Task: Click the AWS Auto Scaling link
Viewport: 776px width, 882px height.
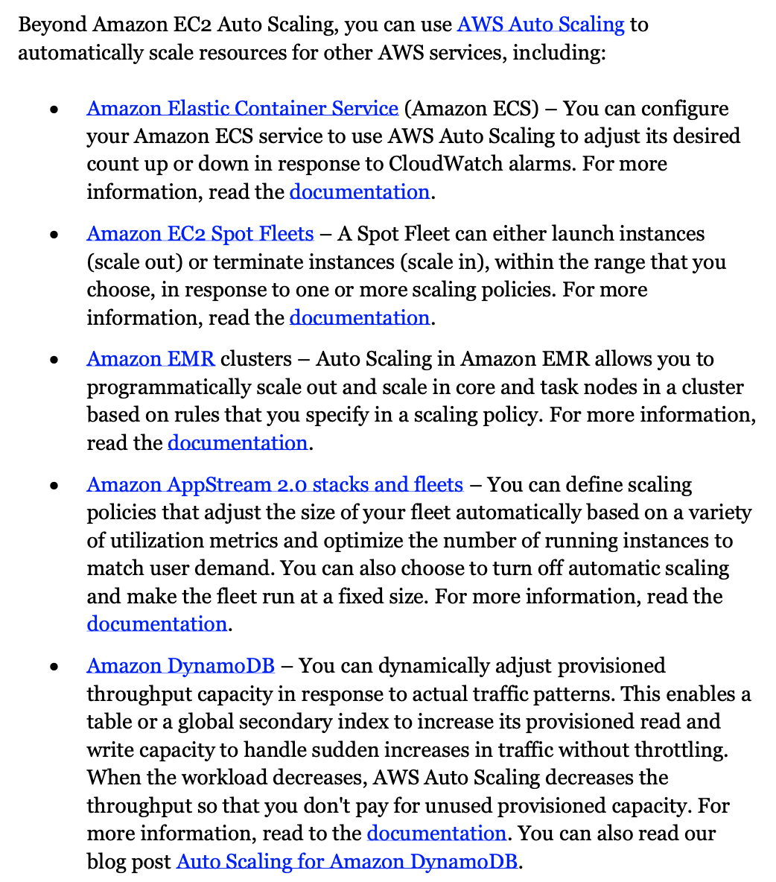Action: tap(540, 25)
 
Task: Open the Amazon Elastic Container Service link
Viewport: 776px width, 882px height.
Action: tap(242, 109)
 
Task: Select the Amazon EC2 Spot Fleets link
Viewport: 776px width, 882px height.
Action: tap(200, 234)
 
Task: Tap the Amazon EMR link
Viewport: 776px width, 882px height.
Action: tap(150, 359)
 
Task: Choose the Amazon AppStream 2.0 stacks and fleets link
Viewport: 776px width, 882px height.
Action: tap(275, 485)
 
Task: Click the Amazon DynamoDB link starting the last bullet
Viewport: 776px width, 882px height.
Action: tap(180, 666)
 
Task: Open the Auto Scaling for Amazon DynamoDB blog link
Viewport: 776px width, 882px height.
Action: tap(346, 862)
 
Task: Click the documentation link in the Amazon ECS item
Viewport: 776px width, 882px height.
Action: tap(359, 192)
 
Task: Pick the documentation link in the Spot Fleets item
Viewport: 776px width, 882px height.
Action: tap(359, 318)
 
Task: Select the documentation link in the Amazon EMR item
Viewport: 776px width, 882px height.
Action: tap(238, 443)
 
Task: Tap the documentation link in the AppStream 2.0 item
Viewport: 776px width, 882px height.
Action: tap(156, 624)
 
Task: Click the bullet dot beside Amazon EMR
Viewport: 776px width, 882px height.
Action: tap(54, 361)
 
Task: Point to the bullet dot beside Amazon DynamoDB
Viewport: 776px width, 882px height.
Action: tap(54, 667)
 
